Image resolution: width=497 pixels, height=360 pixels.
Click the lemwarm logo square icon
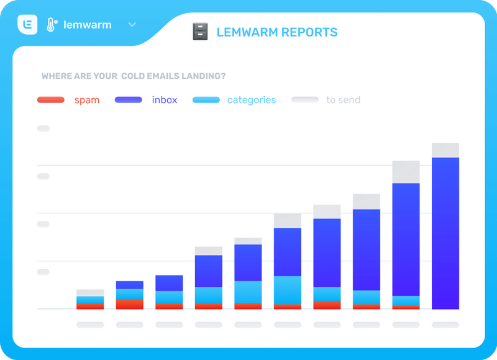coord(27,25)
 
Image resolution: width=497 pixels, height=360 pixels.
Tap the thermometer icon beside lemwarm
coord(51,25)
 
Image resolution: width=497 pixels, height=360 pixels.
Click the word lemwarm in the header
coord(88,25)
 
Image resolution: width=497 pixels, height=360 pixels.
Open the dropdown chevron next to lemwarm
coord(132,25)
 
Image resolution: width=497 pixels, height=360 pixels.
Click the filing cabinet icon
coord(200,32)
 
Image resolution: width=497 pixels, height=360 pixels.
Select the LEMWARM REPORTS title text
coord(277,32)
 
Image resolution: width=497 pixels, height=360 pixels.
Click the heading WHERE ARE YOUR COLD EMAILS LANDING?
coord(134,76)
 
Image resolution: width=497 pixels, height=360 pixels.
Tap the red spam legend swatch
coord(51,100)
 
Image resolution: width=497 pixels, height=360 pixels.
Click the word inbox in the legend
coord(165,100)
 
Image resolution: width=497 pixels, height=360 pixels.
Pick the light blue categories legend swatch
coord(206,100)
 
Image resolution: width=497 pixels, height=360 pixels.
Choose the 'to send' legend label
coord(343,100)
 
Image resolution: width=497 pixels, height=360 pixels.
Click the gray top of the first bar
coord(90,293)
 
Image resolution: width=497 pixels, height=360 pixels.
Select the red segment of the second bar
coord(129,304)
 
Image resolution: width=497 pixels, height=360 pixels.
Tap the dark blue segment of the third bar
coord(169,283)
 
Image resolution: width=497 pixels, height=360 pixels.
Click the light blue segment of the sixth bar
coord(288,290)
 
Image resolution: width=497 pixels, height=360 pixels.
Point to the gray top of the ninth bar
coord(406,172)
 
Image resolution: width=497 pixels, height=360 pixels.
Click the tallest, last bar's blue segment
coord(445,233)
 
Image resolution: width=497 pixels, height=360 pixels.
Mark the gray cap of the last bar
coord(445,150)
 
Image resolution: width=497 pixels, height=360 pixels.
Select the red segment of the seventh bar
coord(327,305)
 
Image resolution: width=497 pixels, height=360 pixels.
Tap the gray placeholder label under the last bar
coord(445,325)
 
